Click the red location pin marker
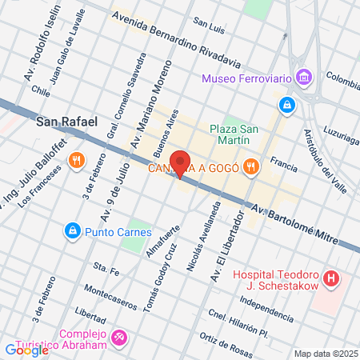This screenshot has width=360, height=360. (181, 163)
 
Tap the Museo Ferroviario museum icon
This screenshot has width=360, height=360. (304, 78)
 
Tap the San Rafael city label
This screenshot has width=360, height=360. (67, 122)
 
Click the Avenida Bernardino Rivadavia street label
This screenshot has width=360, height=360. (175, 38)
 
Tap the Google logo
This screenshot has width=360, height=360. (26, 349)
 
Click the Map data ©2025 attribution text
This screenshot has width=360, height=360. (325, 354)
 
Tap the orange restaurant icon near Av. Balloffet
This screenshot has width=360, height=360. (77, 159)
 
